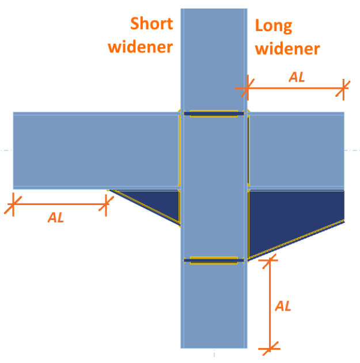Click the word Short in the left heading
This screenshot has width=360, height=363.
(151, 24)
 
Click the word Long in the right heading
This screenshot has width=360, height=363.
(274, 26)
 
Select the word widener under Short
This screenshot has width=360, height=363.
(141, 46)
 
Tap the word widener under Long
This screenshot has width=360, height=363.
(287, 48)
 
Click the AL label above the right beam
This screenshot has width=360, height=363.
(297, 77)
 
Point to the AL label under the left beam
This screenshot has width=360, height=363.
(56, 218)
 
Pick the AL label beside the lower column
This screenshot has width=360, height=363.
(283, 306)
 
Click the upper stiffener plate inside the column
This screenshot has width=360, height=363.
(214, 114)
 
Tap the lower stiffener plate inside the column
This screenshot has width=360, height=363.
(214, 260)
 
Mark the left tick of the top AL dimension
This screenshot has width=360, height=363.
(246, 88)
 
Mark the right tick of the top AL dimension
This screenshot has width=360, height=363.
(344, 88)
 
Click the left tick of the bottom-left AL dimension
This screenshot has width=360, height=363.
(13, 204)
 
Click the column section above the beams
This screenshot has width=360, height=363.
(214, 58)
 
